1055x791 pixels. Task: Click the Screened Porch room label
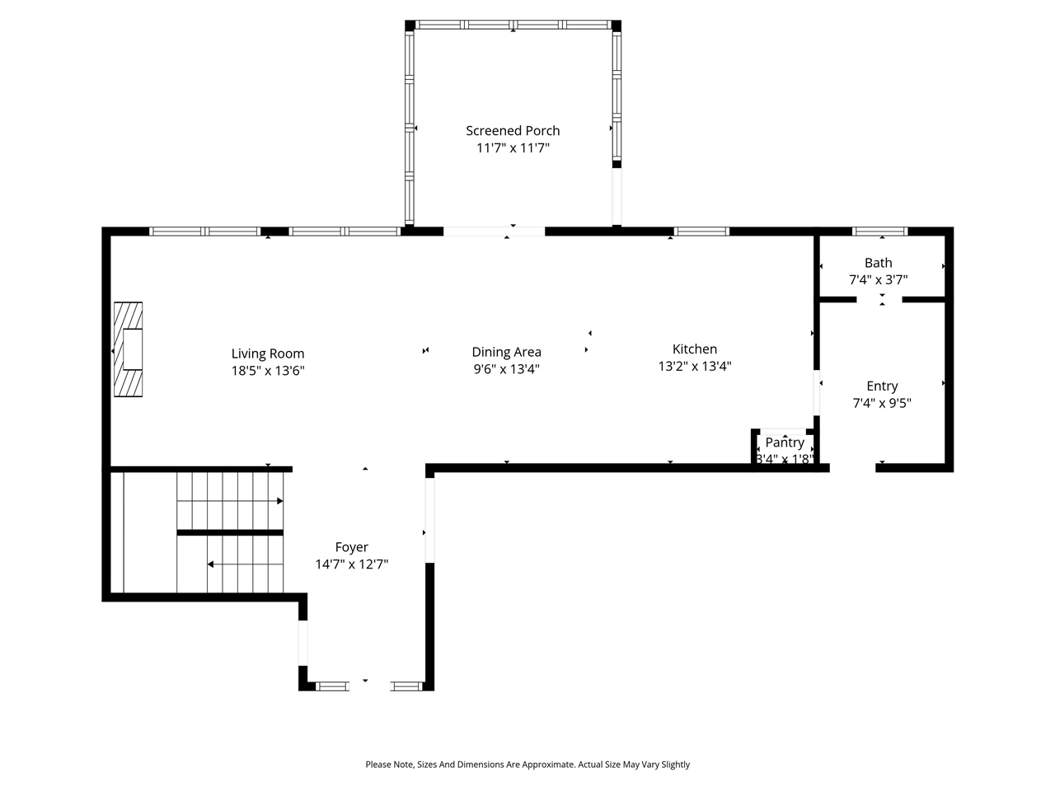513,130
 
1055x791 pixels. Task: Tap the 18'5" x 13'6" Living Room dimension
268,371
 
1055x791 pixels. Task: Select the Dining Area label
506,352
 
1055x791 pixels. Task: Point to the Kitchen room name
695,349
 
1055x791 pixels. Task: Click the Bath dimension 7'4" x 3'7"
879,280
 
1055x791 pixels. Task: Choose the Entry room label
882,386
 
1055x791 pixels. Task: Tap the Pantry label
785,442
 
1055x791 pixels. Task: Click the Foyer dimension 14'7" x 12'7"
352,564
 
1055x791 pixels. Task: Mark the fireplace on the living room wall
128,350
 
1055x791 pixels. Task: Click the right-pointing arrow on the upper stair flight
279,501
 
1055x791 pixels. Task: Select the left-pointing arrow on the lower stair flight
212,564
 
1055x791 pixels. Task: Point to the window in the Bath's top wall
879,232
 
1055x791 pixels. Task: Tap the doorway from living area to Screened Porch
495,232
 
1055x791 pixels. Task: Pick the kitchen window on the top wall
702,232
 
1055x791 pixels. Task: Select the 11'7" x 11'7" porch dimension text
513,148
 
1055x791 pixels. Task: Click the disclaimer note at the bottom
527,765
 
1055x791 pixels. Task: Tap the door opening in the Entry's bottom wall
852,467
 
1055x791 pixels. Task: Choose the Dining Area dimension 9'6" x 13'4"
506,370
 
